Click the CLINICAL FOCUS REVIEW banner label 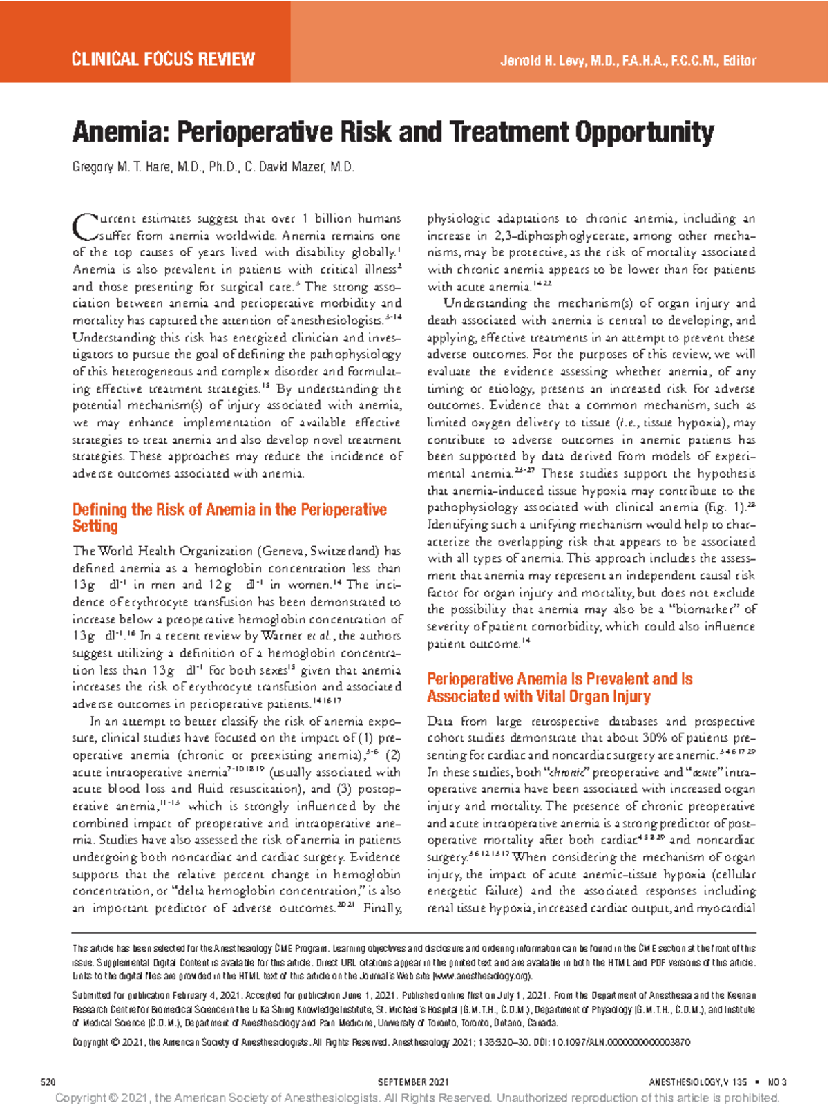point(163,59)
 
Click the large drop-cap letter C point(84,226)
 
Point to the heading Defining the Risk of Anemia point(229,510)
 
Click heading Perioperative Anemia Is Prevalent point(560,679)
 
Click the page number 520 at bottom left point(48,1082)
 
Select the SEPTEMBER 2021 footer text point(414,1082)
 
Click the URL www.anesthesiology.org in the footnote point(482,976)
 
